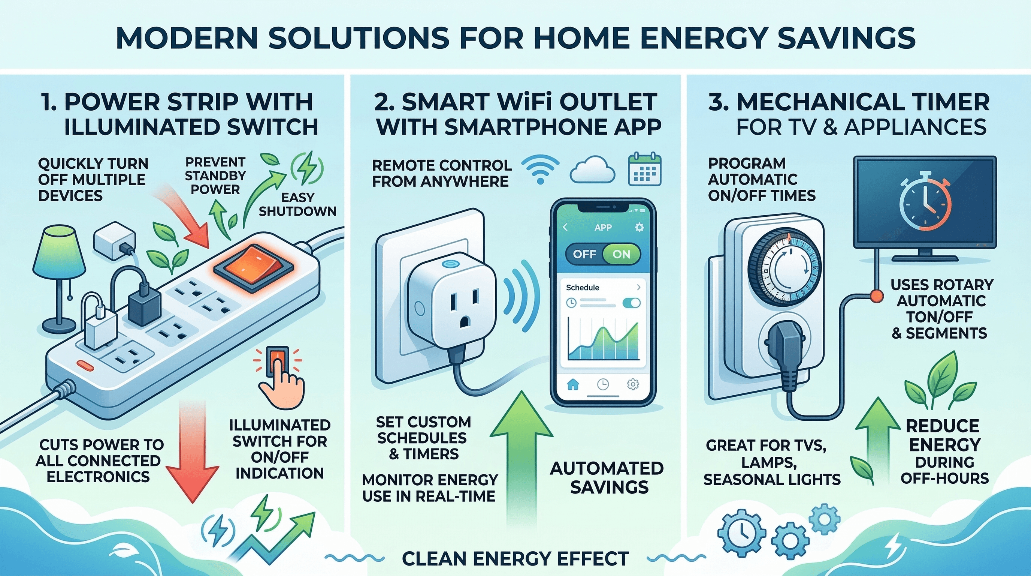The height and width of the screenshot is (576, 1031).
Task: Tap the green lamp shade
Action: tap(60, 250)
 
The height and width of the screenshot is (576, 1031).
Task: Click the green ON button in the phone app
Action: tap(621, 254)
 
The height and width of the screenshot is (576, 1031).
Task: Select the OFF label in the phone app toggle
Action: tap(584, 254)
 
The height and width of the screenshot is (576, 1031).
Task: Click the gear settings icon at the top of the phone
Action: tap(640, 228)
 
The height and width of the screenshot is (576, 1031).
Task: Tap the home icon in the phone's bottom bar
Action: tap(573, 385)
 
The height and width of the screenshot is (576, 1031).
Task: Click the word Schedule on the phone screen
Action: tap(582, 288)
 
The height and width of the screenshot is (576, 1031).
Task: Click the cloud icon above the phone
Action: tap(592, 170)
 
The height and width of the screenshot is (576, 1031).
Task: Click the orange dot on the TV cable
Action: tap(875, 295)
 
